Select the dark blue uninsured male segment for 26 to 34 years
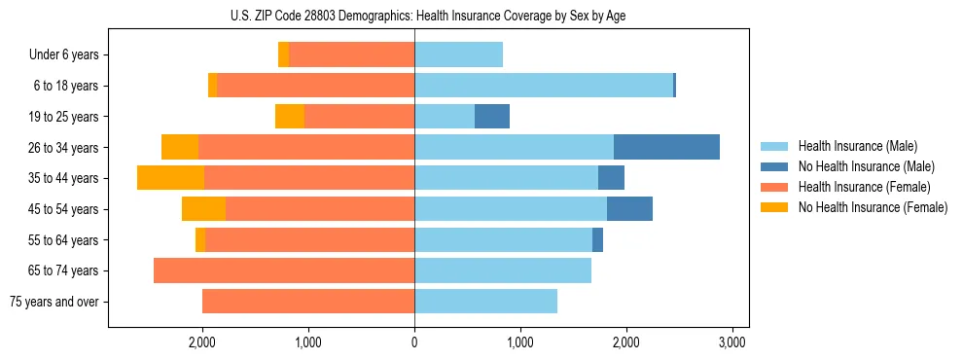(666, 147)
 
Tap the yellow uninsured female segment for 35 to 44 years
(170, 178)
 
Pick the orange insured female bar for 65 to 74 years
(284, 270)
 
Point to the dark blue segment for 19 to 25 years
(492, 117)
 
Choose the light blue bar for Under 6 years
(458, 55)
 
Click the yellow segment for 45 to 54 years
(203, 209)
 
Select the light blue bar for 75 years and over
(485, 302)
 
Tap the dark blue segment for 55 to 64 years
(597, 239)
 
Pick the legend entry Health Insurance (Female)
(863, 187)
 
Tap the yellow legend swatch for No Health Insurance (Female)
(774, 207)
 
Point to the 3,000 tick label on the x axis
(731, 342)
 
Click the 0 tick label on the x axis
(414, 342)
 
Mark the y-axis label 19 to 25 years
(65, 117)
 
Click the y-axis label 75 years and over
(54, 302)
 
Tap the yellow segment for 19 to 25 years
(290, 117)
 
